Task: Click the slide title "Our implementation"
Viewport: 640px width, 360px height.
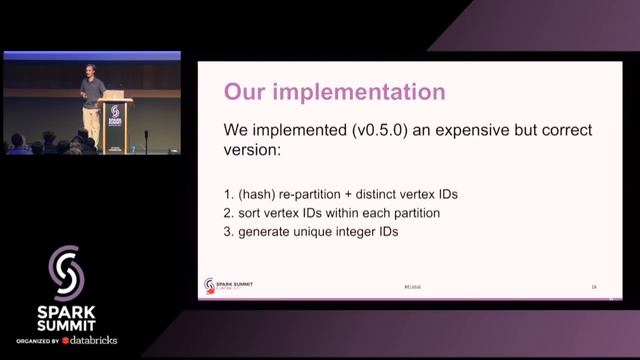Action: (x=334, y=92)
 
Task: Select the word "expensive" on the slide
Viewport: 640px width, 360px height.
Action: (x=476, y=131)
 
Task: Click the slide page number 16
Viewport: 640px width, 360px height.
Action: (x=594, y=287)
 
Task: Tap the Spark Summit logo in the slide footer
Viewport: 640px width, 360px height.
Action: (x=228, y=284)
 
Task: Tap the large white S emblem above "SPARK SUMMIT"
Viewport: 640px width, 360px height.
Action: (x=69, y=268)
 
